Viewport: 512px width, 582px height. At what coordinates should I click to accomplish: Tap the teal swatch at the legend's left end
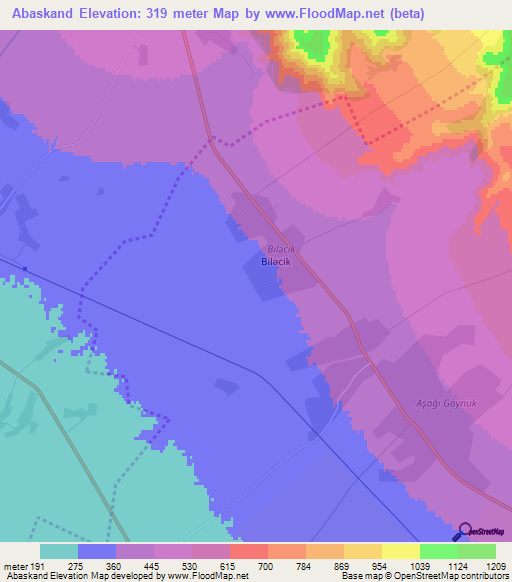coord(59,550)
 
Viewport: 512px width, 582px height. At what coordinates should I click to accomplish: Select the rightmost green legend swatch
coord(477,550)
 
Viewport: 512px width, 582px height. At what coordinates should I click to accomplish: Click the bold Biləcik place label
coord(275,261)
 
